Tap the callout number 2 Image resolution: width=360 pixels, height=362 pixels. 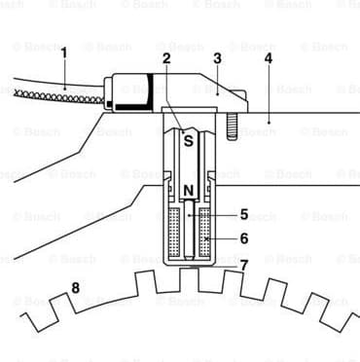tap(167, 57)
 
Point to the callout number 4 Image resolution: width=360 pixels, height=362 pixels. tap(268, 58)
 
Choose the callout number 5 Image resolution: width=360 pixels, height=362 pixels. tap(244, 213)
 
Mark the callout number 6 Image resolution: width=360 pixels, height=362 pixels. tap(244, 237)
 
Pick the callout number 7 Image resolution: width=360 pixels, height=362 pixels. tap(244, 264)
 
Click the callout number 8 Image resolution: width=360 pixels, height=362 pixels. tap(75, 287)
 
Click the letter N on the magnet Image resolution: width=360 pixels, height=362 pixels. tap(189, 189)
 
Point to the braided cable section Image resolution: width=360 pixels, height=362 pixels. tap(58, 94)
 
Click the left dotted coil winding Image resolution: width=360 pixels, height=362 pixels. tap(176, 233)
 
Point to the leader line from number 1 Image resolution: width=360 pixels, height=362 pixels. tap(65, 74)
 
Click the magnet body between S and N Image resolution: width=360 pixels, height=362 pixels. tap(189, 163)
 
